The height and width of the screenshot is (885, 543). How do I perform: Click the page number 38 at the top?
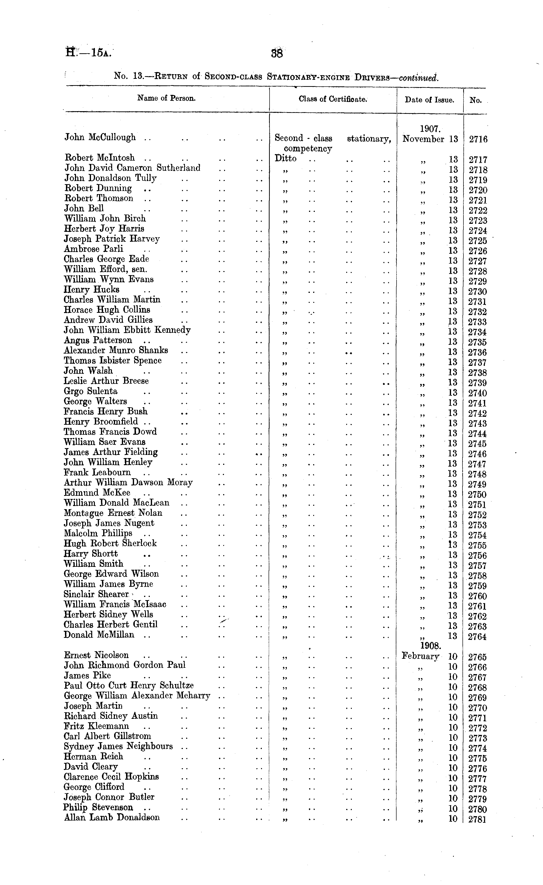[277, 53]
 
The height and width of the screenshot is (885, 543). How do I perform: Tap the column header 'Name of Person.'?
[166, 98]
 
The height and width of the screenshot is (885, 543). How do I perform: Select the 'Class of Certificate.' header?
[333, 99]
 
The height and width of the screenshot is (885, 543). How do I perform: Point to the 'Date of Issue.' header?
[430, 100]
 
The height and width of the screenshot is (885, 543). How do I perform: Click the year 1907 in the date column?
[430, 129]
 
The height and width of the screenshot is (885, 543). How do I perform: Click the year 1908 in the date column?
[431, 646]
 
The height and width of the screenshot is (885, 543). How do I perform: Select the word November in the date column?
[423, 139]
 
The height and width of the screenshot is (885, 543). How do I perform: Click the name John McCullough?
[100, 137]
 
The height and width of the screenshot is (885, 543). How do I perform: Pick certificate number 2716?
[478, 139]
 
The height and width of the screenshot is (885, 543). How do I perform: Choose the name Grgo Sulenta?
[90, 391]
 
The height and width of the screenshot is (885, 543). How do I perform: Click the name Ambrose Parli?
[93, 249]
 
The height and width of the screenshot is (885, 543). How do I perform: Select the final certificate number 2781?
[477, 820]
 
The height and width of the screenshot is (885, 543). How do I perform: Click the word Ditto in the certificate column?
[286, 158]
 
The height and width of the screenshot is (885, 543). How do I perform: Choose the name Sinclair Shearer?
[96, 595]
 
